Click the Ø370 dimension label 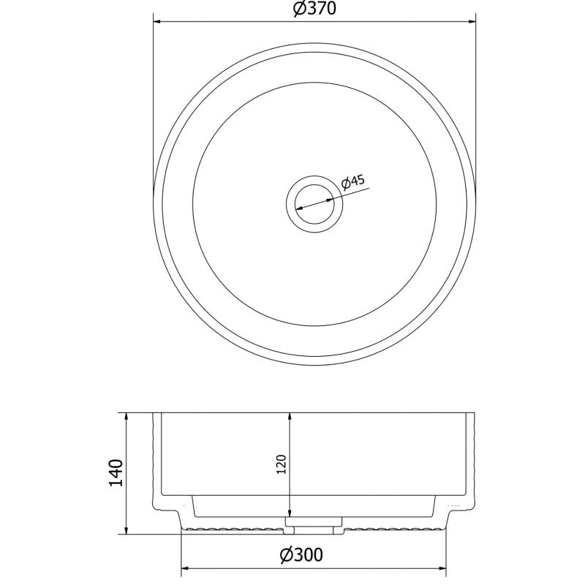[314, 8]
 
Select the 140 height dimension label [116, 472]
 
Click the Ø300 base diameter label [301, 555]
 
